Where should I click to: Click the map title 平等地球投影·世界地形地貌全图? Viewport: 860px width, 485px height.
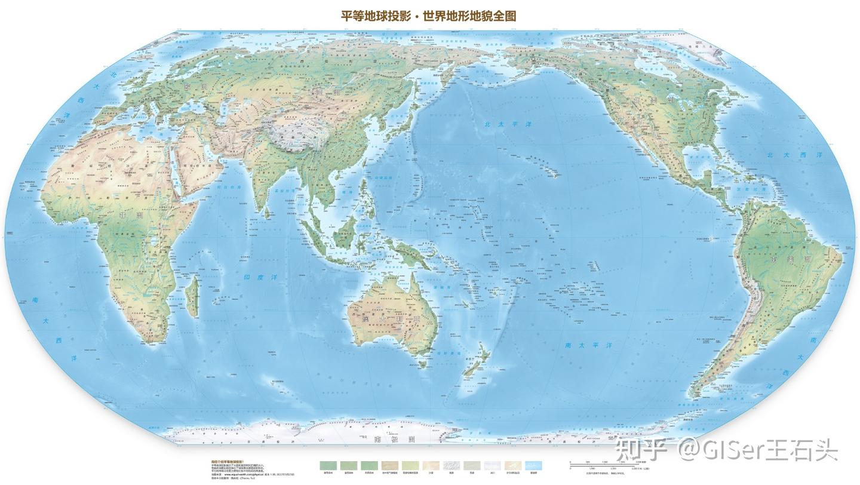tap(428, 16)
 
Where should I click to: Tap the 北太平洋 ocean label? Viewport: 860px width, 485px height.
tap(507, 124)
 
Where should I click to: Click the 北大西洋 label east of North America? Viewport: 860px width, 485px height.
tap(795, 155)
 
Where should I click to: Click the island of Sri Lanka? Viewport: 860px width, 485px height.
tap(272, 208)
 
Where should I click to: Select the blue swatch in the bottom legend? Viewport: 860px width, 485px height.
tap(533, 465)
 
